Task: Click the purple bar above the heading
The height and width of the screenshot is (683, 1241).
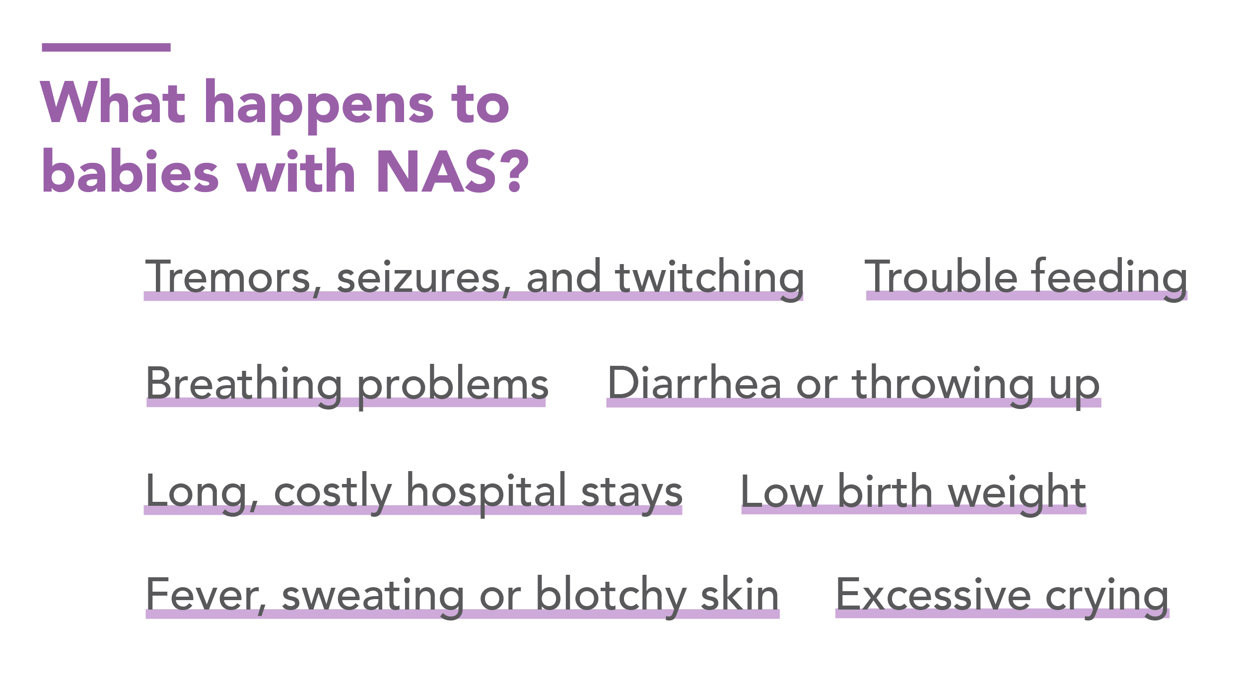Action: [106, 48]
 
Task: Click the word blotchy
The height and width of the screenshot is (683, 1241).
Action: [612, 598]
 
